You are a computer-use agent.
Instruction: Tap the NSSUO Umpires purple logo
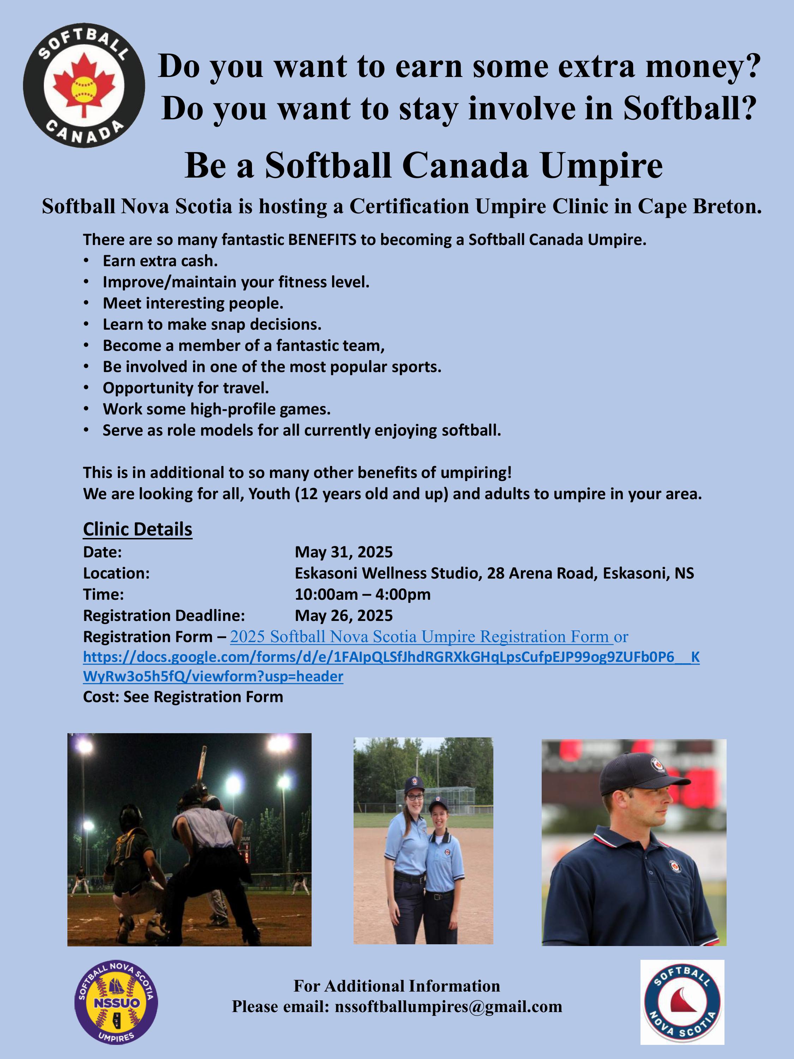tap(116, 1002)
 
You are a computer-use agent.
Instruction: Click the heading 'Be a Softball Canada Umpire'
tap(423, 165)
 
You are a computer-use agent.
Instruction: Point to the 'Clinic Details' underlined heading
tap(138, 529)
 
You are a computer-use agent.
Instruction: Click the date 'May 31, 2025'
tap(344, 552)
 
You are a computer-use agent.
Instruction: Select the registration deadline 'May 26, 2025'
tap(344, 615)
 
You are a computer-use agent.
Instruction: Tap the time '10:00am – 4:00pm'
tap(363, 594)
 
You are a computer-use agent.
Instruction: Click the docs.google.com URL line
tap(391, 657)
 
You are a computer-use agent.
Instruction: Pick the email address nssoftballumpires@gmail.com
tap(449, 1007)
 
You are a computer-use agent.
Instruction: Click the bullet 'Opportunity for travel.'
tap(186, 388)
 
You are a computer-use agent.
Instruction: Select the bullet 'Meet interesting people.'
tap(193, 303)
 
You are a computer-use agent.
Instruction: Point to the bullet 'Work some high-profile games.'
tap(217, 409)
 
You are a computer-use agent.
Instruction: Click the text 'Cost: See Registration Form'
tap(183, 696)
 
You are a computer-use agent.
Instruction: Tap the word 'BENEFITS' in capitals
tap(322, 239)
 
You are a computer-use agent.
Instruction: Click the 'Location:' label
tap(116, 573)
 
